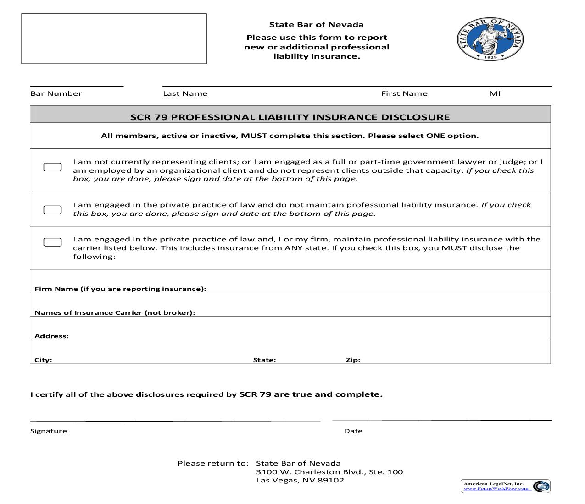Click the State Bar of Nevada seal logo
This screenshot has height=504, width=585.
coord(490,39)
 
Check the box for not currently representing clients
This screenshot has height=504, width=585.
coord(52,167)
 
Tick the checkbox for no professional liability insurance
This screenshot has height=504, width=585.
coord(52,210)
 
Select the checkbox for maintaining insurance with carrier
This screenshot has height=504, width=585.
coord(52,242)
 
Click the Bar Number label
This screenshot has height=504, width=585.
coord(56,93)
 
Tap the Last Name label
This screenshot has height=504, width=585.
coord(185,93)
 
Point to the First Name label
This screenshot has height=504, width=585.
coord(404,93)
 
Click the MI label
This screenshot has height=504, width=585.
coord(495,93)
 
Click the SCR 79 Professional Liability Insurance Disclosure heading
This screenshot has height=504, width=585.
coord(290,117)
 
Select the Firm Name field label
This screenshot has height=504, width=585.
coord(120,289)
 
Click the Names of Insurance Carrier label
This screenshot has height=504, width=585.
coord(115,313)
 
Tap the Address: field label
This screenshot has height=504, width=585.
coord(51,336)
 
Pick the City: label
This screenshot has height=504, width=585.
coord(43,360)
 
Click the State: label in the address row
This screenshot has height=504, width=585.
coord(264,360)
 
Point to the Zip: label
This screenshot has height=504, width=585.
coord(353,360)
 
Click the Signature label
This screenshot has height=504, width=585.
coord(49,431)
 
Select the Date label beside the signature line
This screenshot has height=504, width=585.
coord(353,431)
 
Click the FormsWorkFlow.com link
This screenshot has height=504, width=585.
coord(496,488)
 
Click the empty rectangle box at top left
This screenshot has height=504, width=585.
coord(114,38)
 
